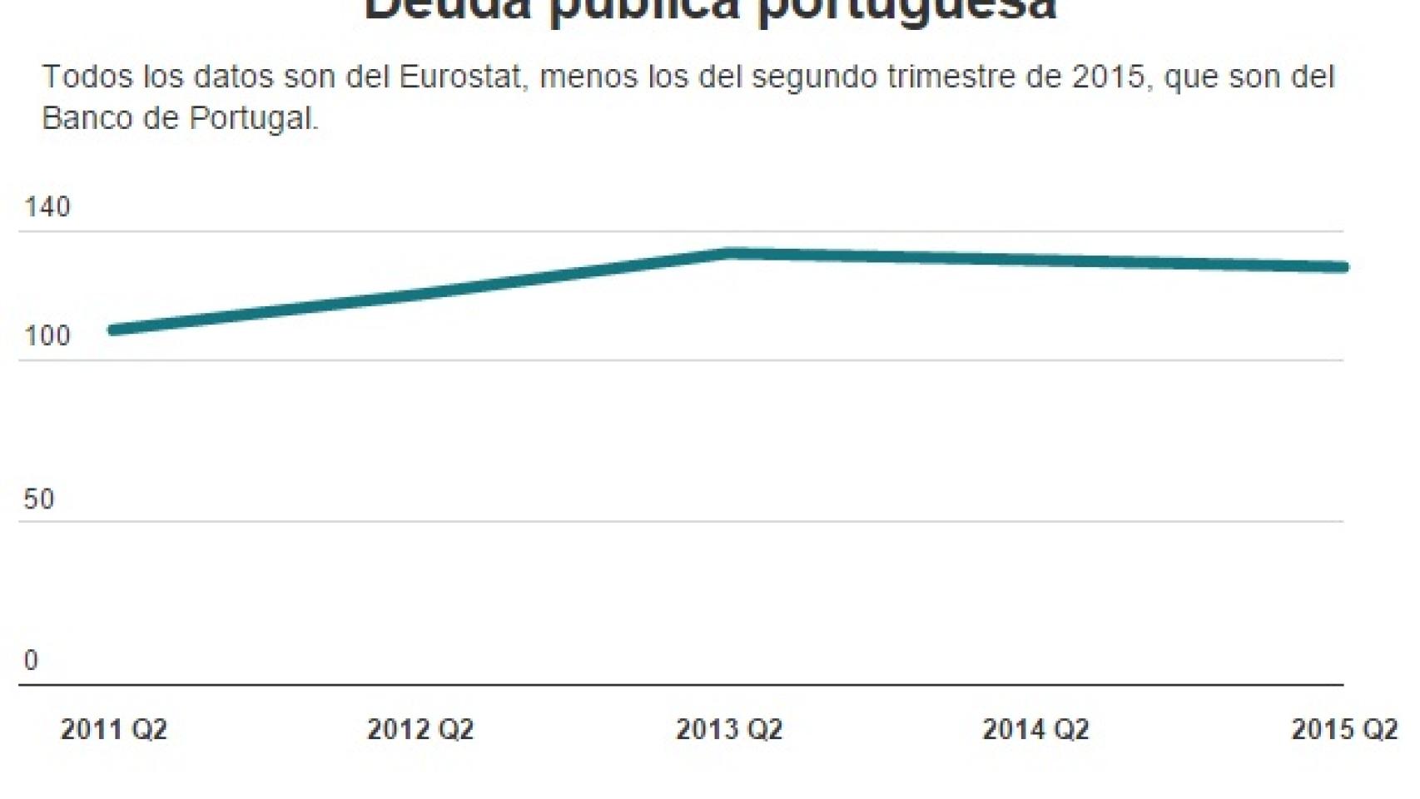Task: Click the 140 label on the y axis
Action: click(47, 206)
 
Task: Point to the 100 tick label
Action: click(47, 336)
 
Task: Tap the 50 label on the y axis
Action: click(38, 499)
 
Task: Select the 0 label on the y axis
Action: click(31, 660)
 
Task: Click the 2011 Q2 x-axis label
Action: click(114, 729)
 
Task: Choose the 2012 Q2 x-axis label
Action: click(420, 729)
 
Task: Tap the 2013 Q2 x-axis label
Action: click(729, 729)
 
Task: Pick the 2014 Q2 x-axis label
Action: click(1035, 729)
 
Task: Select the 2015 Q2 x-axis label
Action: click(1344, 729)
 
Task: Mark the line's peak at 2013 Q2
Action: click(729, 252)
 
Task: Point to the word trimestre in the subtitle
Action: click(950, 77)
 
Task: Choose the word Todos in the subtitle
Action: click(87, 77)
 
